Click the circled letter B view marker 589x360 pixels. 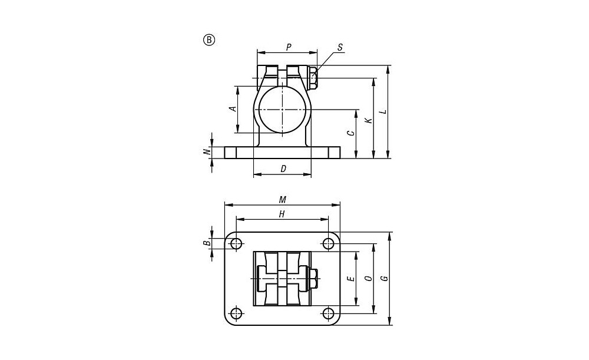(x=209, y=40)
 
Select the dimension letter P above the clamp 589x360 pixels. (x=289, y=47)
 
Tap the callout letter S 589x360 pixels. (x=340, y=47)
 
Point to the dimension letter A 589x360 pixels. (x=233, y=108)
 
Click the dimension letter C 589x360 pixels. (x=350, y=133)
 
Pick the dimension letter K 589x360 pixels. (x=369, y=121)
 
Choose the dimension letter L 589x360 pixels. (x=383, y=111)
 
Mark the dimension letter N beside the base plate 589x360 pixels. (x=206, y=152)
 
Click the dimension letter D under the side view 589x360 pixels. (x=283, y=169)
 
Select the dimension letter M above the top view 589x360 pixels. (x=283, y=200)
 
